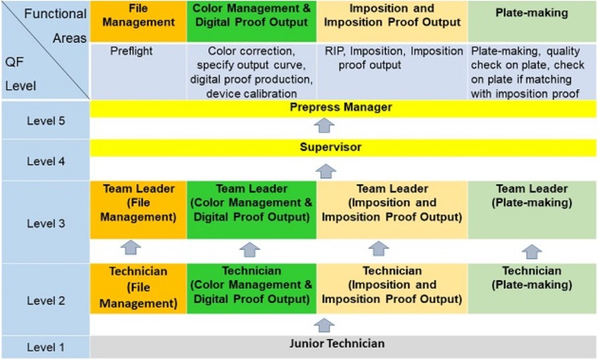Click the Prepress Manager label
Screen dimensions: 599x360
click(341, 108)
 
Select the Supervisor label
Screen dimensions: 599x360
click(331, 147)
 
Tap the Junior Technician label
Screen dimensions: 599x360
click(337, 343)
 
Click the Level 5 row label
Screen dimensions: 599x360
click(46, 121)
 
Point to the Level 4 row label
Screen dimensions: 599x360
click(46, 161)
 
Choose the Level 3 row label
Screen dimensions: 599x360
click(46, 224)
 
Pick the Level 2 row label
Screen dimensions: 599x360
click(46, 301)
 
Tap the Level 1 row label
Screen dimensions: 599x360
click(46, 347)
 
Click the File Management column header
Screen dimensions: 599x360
click(139, 16)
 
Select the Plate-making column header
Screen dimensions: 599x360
click(532, 13)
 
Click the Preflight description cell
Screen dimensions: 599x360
click(132, 51)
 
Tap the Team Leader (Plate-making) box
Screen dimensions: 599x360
click(532, 210)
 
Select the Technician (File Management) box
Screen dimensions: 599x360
click(139, 288)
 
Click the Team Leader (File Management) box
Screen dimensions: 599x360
click(139, 210)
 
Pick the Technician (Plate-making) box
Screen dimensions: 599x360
click(532, 288)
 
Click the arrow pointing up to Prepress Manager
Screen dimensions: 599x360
click(324, 126)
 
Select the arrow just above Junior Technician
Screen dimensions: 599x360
click(324, 325)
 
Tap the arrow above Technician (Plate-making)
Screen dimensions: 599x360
click(532, 252)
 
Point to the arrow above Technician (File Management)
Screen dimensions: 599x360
click(130, 248)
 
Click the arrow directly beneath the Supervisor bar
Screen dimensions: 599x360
click(326, 171)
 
